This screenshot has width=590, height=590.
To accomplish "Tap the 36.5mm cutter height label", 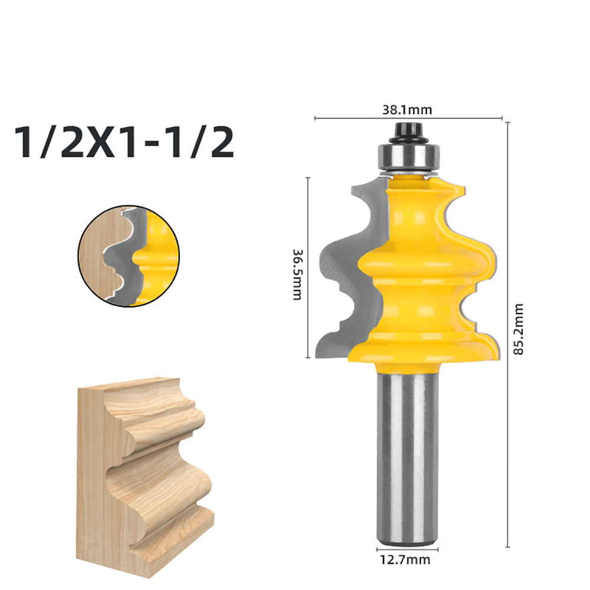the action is pyautogui.click(x=297, y=274).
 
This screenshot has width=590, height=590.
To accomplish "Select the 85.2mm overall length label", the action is pyautogui.click(x=519, y=329).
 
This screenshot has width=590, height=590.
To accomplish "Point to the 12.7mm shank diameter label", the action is pyautogui.click(x=405, y=559).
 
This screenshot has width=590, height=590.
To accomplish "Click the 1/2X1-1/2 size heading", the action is pyautogui.click(x=124, y=142).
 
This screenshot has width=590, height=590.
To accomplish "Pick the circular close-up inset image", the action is pyautogui.click(x=129, y=256).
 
